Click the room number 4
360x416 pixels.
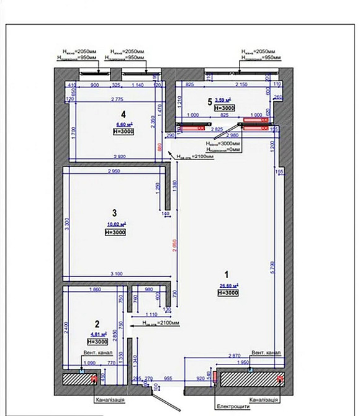(x=124, y=114)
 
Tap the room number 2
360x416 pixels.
(x=96, y=323)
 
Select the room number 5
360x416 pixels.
(x=210, y=100)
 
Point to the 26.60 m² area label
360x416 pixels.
(x=229, y=286)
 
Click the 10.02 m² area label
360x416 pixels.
(x=117, y=224)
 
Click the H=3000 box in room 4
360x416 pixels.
(x=124, y=132)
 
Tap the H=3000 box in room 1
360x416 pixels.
(x=229, y=293)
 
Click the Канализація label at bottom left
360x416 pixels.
(x=113, y=400)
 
